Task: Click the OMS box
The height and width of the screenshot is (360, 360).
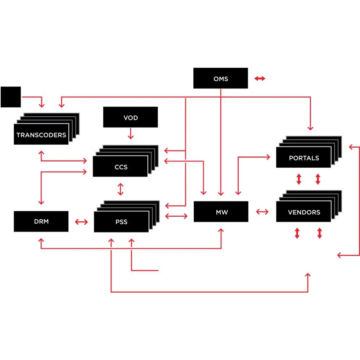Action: point(220,78)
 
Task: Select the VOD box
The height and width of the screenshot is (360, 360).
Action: point(130,117)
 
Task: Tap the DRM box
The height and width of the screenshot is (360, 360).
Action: point(41,221)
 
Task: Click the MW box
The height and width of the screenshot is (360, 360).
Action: point(221,212)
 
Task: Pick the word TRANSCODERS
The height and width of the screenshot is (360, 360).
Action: point(41,135)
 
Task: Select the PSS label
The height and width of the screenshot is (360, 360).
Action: point(121,222)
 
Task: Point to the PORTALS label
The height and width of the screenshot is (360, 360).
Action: point(303,158)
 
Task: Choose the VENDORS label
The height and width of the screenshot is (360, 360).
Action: point(304,212)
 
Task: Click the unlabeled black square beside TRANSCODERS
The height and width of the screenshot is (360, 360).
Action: point(11,97)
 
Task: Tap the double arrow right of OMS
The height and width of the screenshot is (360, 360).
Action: point(260,78)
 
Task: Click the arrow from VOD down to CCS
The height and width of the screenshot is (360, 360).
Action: point(131,134)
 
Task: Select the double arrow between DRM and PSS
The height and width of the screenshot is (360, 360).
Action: point(81,222)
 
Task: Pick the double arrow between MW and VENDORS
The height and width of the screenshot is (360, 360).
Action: point(262,212)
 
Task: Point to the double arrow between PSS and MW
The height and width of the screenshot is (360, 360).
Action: point(176,216)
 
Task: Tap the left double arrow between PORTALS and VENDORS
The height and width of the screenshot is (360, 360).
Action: point(298,179)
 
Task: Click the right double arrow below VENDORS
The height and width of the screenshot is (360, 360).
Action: point(319,233)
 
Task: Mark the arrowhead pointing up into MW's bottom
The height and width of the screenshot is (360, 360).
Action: point(221,230)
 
